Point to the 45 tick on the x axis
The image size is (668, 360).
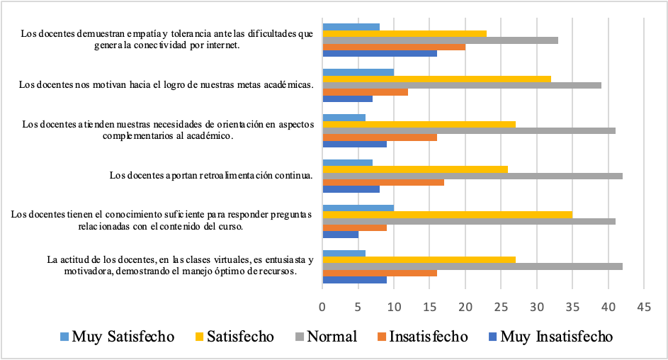click(x=643, y=308)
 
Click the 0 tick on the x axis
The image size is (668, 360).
click(x=323, y=308)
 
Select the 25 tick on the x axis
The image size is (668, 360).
click(x=501, y=308)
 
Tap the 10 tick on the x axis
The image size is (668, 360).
click(x=394, y=308)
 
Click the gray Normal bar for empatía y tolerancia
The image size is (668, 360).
click(x=440, y=40)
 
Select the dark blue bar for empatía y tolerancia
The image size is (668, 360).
click(x=380, y=53)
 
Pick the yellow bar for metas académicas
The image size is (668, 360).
click(x=436, y=79)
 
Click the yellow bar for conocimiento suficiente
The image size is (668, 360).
click(x=447, y=214)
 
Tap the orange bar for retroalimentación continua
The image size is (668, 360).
click(x=383, y=182)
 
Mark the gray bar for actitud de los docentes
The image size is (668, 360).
click(x=472, y=266)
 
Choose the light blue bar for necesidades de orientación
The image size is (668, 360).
click(x=344, y=118)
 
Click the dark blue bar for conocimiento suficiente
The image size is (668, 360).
click(x=341, y=235)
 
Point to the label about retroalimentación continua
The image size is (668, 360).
click(x=210, y=174)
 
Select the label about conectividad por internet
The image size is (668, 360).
click(x=166, y=39)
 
